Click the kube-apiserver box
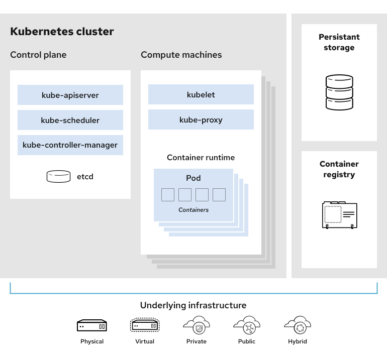(x=70, y=95)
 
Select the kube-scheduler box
(x=70, y=120)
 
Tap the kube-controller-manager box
(x=70, y=145)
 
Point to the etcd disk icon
(x=58, y=176)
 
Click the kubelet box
(x=201, y=94)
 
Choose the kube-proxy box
(x=201, y=119)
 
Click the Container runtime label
(x=201, y=158)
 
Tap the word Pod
(x=193, y=178)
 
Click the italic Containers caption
(x=193, y=210)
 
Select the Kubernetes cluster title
(x=62, y=32)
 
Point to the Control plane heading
(x=38, y=55)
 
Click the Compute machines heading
(x=181, y=55)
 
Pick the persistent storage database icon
(x=339, y=92)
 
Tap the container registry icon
(x=339, y=214)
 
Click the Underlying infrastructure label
(x=193, y=305)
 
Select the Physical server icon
(x=92, y=326)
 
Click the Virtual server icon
(x=145, y=325)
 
